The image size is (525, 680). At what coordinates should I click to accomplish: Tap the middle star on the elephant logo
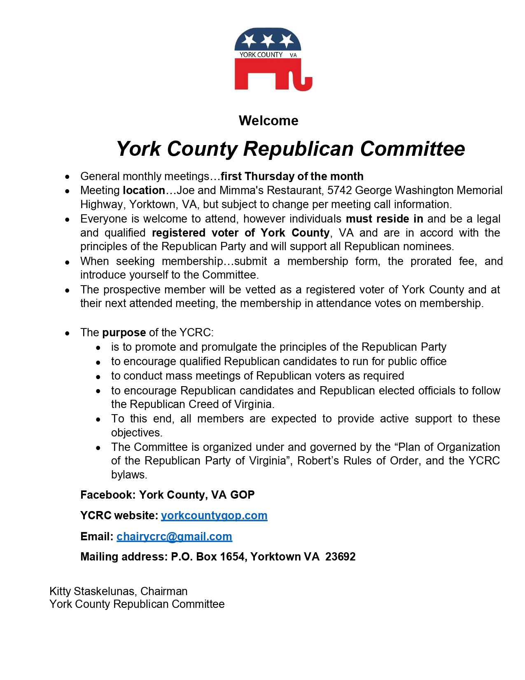268,40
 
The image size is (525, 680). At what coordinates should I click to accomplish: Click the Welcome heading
268,121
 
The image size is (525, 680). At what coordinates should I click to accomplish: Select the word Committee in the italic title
413,149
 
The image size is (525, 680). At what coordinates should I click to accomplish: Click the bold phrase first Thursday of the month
292,176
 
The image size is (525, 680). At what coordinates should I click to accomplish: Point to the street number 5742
339,190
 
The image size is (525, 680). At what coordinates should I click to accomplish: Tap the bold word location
144,190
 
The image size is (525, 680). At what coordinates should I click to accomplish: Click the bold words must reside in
384,219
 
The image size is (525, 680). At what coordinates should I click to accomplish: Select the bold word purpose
124,333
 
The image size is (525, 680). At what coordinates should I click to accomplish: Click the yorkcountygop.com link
214,516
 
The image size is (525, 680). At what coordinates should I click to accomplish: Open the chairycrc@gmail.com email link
174,537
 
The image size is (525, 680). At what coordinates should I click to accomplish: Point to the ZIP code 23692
341,557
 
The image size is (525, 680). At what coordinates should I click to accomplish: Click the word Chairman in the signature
164,591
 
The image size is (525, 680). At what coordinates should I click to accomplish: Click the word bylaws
129,475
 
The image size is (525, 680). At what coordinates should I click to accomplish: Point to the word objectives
137,433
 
